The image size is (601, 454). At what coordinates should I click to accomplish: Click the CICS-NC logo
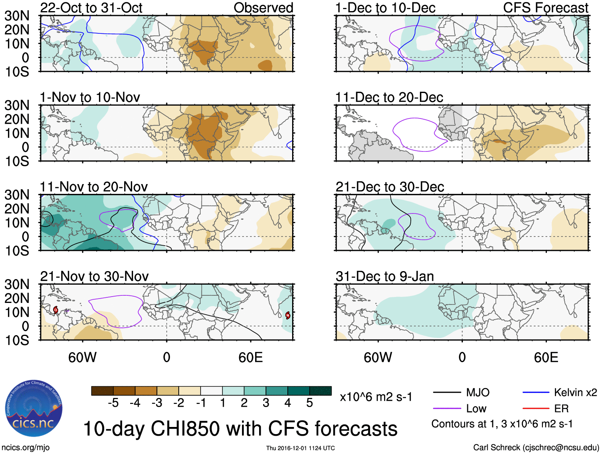[33, 409]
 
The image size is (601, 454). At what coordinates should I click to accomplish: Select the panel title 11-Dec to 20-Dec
[389, 97]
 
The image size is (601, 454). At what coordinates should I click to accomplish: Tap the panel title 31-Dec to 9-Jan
[384, 276]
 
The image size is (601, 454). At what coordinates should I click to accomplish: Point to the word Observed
[263, 8]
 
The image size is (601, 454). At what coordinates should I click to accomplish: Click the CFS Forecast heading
[545, 8]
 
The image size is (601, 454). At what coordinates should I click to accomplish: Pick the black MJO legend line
[447, 393]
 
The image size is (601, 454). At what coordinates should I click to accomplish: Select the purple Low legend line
[447, 409]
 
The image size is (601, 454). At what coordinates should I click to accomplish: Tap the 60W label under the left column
[82, 357]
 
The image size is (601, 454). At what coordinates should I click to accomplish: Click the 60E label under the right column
[546, 357]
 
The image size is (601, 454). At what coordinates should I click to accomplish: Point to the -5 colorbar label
[113, 403]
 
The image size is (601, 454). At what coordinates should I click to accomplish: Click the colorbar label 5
[310, 403]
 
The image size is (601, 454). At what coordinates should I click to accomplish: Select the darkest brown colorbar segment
[102, 391]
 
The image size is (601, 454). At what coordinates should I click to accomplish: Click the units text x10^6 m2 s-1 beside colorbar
[376, 397]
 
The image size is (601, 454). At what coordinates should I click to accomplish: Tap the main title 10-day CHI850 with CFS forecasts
[240, 429]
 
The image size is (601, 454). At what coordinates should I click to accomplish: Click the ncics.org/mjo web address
[26, 448]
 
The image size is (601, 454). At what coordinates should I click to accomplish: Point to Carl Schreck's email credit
[536, 448]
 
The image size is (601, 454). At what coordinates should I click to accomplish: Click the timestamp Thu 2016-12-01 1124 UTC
[300, 448]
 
